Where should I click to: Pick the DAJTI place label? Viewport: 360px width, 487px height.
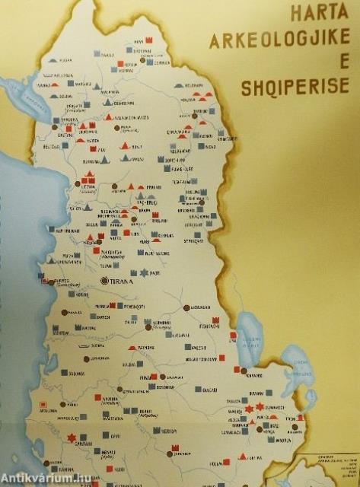coord(156,272)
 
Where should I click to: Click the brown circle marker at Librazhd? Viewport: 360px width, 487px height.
coord(186,307)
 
